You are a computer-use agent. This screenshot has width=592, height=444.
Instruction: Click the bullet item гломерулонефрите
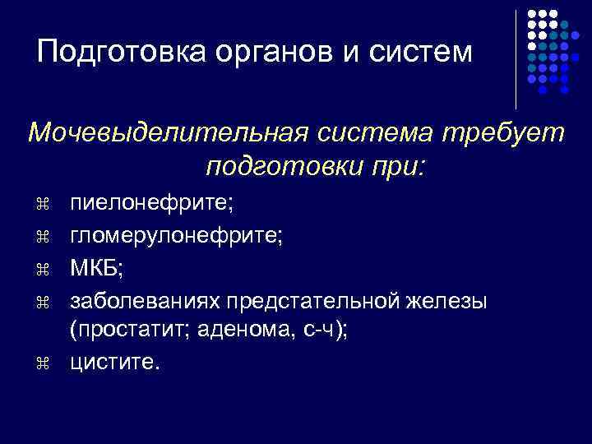177,236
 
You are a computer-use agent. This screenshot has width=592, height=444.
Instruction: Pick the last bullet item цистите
110,363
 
